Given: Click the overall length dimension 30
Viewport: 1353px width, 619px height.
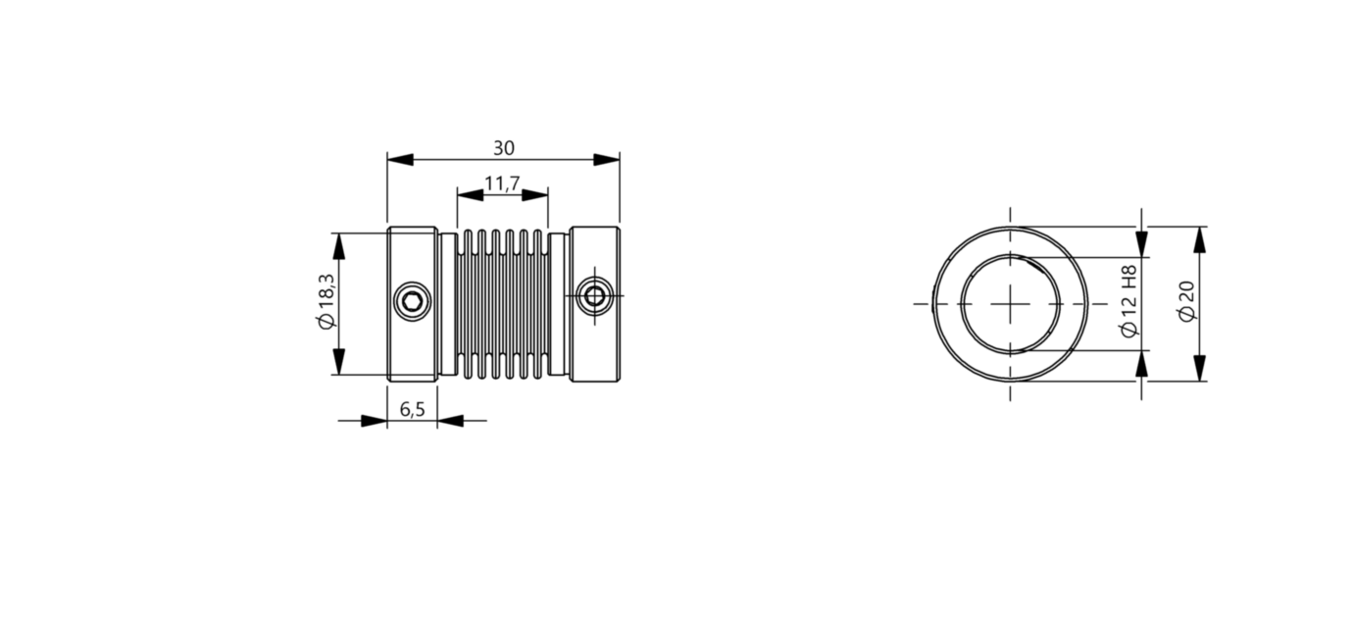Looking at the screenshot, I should click(x=503, y=148).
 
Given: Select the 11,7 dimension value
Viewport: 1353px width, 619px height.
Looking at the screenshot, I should click(x=502, y=183).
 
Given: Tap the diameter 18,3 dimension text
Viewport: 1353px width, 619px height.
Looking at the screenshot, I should click(x=326, y=303).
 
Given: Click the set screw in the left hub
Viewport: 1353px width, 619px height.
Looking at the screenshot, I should click(x=413, y=301).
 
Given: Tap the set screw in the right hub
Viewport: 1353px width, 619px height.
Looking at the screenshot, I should click(x=593, y=295).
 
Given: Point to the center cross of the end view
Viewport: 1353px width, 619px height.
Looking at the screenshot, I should click(x=1010, y=304).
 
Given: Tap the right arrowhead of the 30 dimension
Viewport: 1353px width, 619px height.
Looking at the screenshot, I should click(x=607, y=159).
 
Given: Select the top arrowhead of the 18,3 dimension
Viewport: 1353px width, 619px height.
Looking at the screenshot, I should click(x=339, y=246).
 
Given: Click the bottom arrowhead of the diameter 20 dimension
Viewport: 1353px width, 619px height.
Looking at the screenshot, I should click(x=1199, y=368).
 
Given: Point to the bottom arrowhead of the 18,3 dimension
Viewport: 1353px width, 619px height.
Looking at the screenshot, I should click(x=339, y=362).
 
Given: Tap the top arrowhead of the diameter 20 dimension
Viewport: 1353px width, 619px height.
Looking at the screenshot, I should click(x=1199, y=239).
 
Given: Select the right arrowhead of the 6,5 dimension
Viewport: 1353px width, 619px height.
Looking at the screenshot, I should click(x=450, y=421).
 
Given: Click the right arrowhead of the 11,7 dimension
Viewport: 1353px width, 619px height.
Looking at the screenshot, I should click(x=534, y=194).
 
